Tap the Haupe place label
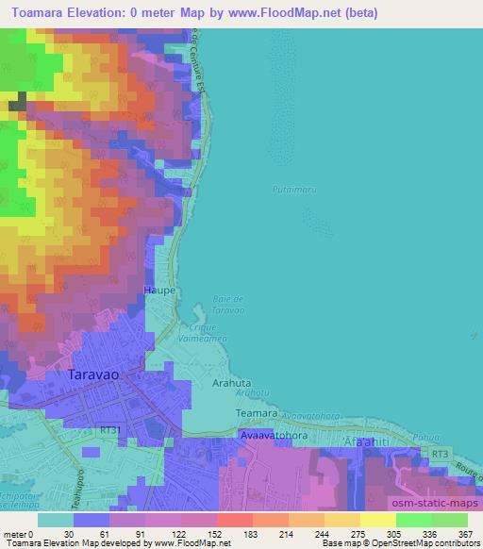(159, 291)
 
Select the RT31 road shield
(111, 429)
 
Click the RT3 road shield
(440, 455)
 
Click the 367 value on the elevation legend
(464, 532)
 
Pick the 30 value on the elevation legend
(68, 532)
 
